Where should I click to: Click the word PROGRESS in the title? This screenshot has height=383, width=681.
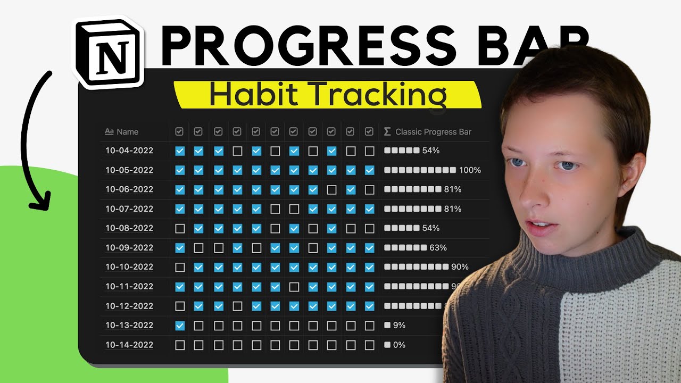(308, 45)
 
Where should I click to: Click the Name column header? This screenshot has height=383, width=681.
(127, 132)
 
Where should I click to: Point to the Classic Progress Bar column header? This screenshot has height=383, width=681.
(433, 132)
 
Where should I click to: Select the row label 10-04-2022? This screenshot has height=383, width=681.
(129, 151)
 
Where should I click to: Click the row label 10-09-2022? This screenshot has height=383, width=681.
(129, 248)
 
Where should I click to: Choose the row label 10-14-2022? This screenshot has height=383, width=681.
(129, 345)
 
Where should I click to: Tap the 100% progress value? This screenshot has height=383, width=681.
(470, 170)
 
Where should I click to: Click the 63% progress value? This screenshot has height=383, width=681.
(438, 248)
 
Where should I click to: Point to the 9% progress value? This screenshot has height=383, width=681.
(399, 326)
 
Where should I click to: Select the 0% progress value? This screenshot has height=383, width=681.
(399, 345)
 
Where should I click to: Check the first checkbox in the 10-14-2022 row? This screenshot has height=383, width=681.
(180, 345)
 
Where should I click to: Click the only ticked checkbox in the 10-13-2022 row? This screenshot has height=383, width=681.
(180, 326)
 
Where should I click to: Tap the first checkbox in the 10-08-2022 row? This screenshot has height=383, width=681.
(180, 228)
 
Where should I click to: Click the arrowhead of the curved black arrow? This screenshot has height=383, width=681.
(39, 201)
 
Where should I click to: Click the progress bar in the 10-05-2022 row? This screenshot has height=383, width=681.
(420, 170)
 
